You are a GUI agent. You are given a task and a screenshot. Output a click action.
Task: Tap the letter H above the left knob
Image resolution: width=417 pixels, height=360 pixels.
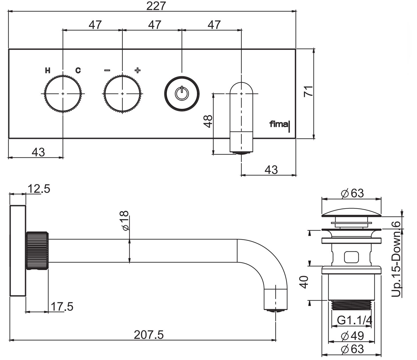pyautogui.click(x=48, y=70)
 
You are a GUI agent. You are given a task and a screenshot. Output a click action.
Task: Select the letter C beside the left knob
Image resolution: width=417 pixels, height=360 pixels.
pyautogui.click(x=78, y=70)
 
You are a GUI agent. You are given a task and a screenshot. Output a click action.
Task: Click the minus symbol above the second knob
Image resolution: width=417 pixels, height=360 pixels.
pyautogui.click(x=107, y=70)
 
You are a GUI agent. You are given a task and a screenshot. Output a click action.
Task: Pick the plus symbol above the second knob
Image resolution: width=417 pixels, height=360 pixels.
pyautogui.click(x=137, y=70)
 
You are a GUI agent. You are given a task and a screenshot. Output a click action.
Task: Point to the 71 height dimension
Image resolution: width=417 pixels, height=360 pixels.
pyautogui.click(x=308, y=91)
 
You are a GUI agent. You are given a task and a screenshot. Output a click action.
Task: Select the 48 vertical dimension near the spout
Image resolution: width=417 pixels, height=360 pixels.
pyautogui.click(x=208, y=121)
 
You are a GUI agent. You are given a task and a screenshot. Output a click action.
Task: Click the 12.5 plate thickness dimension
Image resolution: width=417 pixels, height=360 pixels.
pyautogui.click(x=39, y=189)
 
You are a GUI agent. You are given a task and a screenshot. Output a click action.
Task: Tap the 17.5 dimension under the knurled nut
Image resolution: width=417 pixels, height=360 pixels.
pyautogui.click(x=62, y=307)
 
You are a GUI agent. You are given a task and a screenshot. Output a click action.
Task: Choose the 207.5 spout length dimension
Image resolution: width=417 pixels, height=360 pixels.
pyautogui.click(x=149, y=335)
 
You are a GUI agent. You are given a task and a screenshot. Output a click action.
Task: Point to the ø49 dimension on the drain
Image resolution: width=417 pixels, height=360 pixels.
pyautogui.click(x=352, y=336)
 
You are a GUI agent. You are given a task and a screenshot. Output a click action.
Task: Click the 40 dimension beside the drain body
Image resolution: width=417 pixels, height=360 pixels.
pyautogui.click(x=304, y=282)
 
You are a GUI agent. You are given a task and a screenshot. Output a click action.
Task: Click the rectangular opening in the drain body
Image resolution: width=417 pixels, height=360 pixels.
pyautogui.click(x=352, y=257)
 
